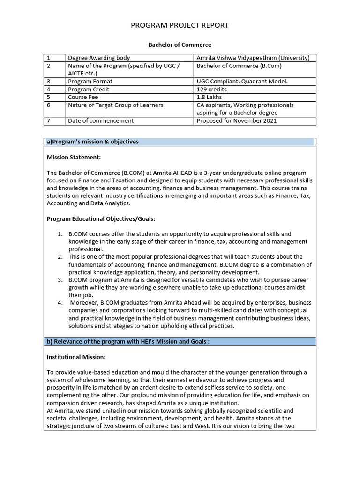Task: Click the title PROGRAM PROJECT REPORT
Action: tap(180, 25)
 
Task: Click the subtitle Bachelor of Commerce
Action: tap(180, 45)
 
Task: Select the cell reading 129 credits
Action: tap(211, 89)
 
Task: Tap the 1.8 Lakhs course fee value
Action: tap(209, 97)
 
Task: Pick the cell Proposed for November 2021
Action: tap(237, 120)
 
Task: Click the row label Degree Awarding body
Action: tap(99, 58)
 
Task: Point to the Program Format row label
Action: tap(90, 82)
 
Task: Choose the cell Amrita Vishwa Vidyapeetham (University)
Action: tap(253, 58)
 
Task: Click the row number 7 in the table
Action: tap(48, 120)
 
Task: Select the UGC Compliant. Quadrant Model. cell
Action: tap(242, 82)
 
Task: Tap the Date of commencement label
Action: tap(101, 120)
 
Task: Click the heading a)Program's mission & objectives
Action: tap(93, 142)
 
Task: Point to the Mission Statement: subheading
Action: tap(74, 157)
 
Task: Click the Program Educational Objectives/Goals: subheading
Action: tap(101, 218)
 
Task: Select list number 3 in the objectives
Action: tap(60, 280)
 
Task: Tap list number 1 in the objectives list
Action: tap(60, 234)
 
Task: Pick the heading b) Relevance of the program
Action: tap(128, 341)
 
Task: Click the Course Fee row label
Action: tap(83, 97)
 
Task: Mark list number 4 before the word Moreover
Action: tap(60, 303)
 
